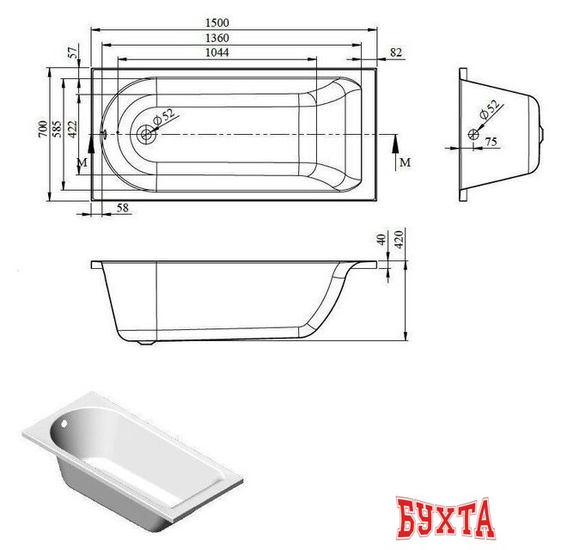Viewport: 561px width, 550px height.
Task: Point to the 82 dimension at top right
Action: [x=396, y=53]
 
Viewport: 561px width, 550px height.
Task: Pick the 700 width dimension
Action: [x=41, y=130]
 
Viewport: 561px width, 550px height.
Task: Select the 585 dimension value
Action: [x=58, y=130]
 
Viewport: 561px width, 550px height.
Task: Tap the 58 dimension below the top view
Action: [x=122, y=208]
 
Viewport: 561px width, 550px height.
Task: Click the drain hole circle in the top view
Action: [x=146, y=134]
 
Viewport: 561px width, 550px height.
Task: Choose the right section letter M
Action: [x=405, y=162]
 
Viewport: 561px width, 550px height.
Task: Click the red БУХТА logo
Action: [x=447, y=516]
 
